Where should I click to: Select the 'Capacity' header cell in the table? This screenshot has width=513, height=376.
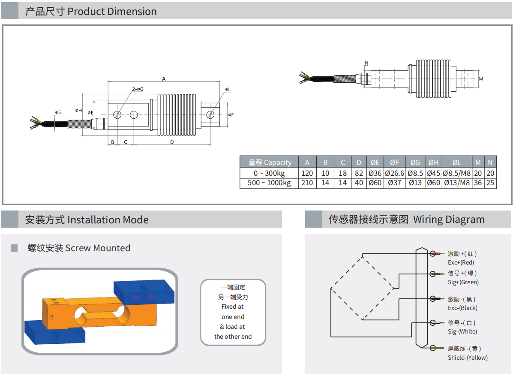coord(270,162)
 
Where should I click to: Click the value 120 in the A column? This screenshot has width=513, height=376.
coord(307,174)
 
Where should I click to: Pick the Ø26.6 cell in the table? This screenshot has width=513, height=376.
coord(394,174)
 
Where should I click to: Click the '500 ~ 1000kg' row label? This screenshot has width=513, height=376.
coord(269,183)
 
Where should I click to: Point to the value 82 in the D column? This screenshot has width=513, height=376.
coord(359,174)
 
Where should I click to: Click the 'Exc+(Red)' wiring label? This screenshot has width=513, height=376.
coord(461,262)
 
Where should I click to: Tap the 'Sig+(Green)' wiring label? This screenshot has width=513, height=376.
coord(463,282)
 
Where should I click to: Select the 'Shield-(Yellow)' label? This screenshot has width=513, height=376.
coord(468,358)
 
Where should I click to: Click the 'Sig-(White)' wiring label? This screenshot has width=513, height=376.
coord(462,331)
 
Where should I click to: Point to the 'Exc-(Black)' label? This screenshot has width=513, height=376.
coord(462,308)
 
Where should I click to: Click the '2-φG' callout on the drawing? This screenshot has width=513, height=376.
coord(138,89)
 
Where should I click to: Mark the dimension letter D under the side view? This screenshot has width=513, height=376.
coord(172,142)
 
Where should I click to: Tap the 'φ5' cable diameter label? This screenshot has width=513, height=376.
coord(58,112)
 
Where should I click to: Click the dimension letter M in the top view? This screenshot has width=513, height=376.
coord(481,79)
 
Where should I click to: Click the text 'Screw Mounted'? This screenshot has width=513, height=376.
coord(98,248)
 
